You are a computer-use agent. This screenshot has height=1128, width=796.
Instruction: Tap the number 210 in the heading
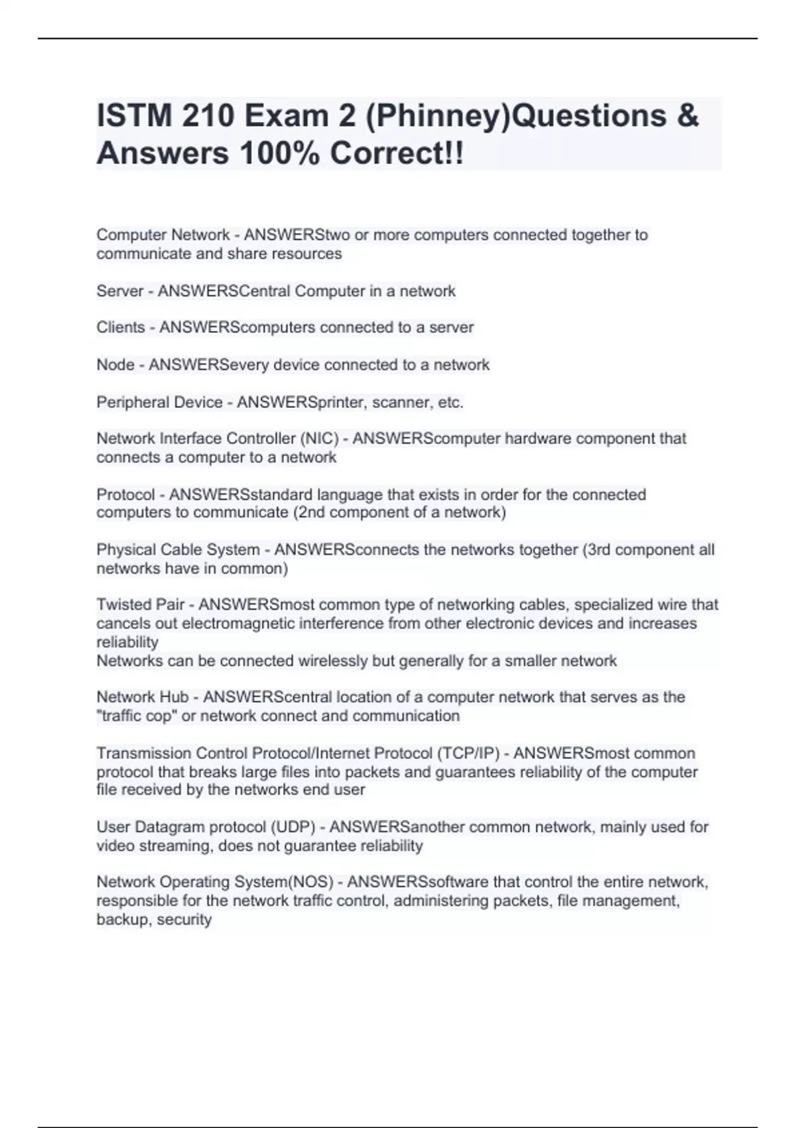click(x=210, y=115)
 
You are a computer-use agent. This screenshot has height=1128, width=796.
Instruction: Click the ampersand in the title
click(x=689, y=115)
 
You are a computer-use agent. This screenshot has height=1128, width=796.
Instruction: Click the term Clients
click(x=121, y=327)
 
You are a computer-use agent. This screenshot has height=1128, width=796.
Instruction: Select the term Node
click(x=115, y=364)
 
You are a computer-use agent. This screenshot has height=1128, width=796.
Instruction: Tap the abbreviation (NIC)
click(x=319, y=439)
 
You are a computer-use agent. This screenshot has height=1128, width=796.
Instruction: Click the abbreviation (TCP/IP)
click(x=468, y=753)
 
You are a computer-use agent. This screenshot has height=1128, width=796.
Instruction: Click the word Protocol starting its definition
click(x=125, y=494)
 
